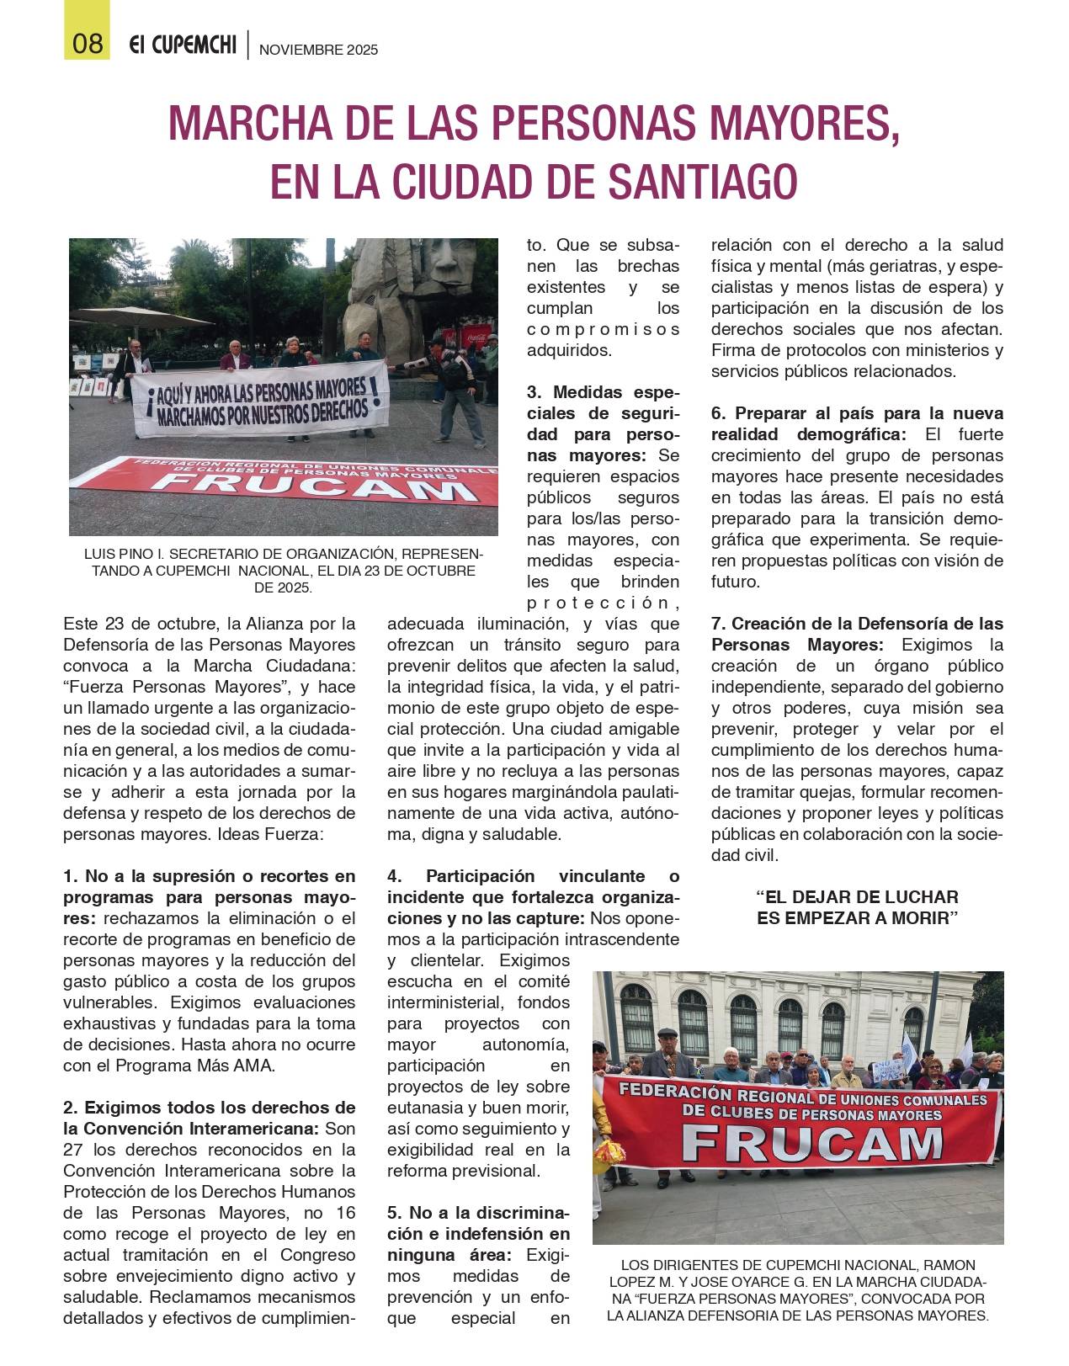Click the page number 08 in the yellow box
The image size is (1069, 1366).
[88, 43]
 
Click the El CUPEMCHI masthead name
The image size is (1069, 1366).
[183, 45]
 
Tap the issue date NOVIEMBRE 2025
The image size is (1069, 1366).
[318, 50]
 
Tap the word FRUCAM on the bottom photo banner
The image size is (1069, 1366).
[811, 1144]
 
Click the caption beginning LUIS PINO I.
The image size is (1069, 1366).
[283, 571]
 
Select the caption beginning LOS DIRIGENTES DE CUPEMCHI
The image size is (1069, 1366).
[797, 1290]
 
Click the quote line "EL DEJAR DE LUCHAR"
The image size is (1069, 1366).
[857, 897]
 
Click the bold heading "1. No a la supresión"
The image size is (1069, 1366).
[209, 876]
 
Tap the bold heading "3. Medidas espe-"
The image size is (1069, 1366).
[603, 392]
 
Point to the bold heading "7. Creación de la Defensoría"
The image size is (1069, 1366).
[857, 624]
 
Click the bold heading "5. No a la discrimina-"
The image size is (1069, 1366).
[478, 1213]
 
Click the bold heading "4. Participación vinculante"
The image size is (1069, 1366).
[532, 876]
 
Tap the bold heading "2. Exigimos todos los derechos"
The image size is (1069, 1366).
[209, 1108]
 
